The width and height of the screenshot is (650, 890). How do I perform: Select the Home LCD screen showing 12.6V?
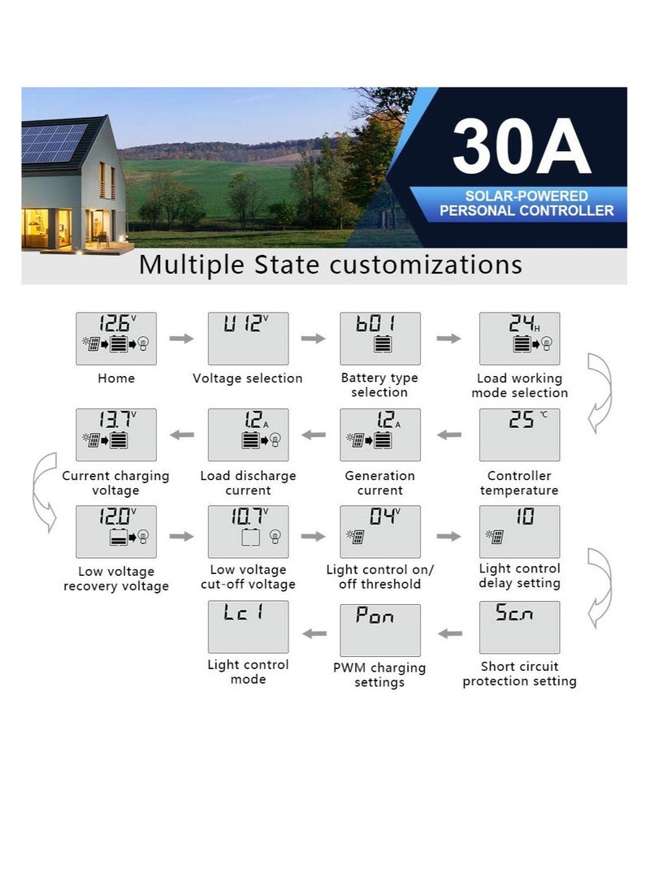[116, 338]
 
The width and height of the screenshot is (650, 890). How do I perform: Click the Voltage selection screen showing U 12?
[248, 338]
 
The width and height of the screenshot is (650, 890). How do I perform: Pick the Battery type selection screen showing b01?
[380, 338]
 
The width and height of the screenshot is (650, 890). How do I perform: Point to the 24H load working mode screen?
[519, 338]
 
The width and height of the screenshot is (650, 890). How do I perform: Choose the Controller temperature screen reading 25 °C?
[519, 434]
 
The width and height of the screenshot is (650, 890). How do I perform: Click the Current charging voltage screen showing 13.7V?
[116, 434]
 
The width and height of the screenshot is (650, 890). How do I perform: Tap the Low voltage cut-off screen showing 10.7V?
[248, 531]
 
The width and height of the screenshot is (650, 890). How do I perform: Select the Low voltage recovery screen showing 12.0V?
[116, 531]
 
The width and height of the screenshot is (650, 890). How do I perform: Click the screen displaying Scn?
[519, 627]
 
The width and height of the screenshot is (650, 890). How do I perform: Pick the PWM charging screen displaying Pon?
[380, 629]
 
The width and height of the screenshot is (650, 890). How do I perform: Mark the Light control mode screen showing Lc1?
[248, 627]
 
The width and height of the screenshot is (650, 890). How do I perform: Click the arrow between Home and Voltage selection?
[182, 338]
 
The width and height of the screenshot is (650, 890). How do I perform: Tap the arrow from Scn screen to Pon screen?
[450, 633]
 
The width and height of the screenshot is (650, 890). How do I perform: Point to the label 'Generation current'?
[380, 483]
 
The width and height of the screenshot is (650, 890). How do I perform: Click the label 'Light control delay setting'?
[519, 576]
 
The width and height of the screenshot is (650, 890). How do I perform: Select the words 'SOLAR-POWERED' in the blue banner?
[526, 197]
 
